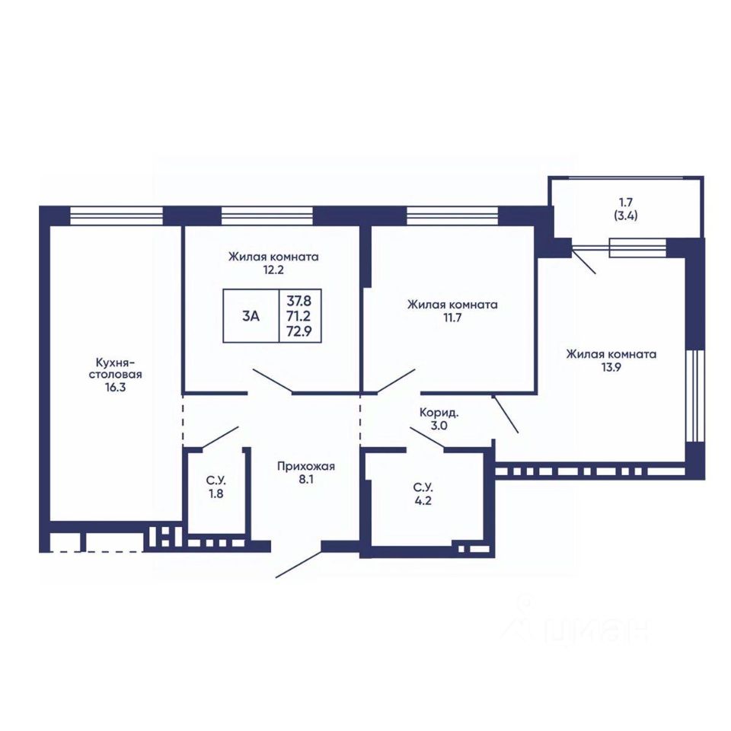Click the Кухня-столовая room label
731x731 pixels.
[x=115, y=368]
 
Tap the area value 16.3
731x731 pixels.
[x=115, y=388]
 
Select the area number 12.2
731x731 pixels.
[x=273, y=270]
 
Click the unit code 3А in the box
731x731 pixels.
[x=251, y=316]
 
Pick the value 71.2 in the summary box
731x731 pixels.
[x=298, y=316]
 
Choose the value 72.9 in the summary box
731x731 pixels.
[x=299, y=331]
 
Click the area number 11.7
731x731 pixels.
[x=452, y=318]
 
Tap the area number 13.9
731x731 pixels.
[x=611, y=367]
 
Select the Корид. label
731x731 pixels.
[x=439, y=413]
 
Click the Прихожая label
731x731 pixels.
[x=306, y=466]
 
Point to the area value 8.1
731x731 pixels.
[x=306, y=479]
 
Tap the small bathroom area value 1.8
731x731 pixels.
[x=215, y=493]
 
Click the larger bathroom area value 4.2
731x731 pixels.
[x=423, y=501]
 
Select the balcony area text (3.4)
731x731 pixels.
[x=626, y=215]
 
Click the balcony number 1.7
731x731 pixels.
[x=626, y=203]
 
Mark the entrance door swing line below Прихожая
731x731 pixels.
[x=298, y=564]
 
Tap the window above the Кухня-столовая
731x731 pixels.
[x=116, y=215]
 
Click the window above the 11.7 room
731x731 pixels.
[x=452, y=215]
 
